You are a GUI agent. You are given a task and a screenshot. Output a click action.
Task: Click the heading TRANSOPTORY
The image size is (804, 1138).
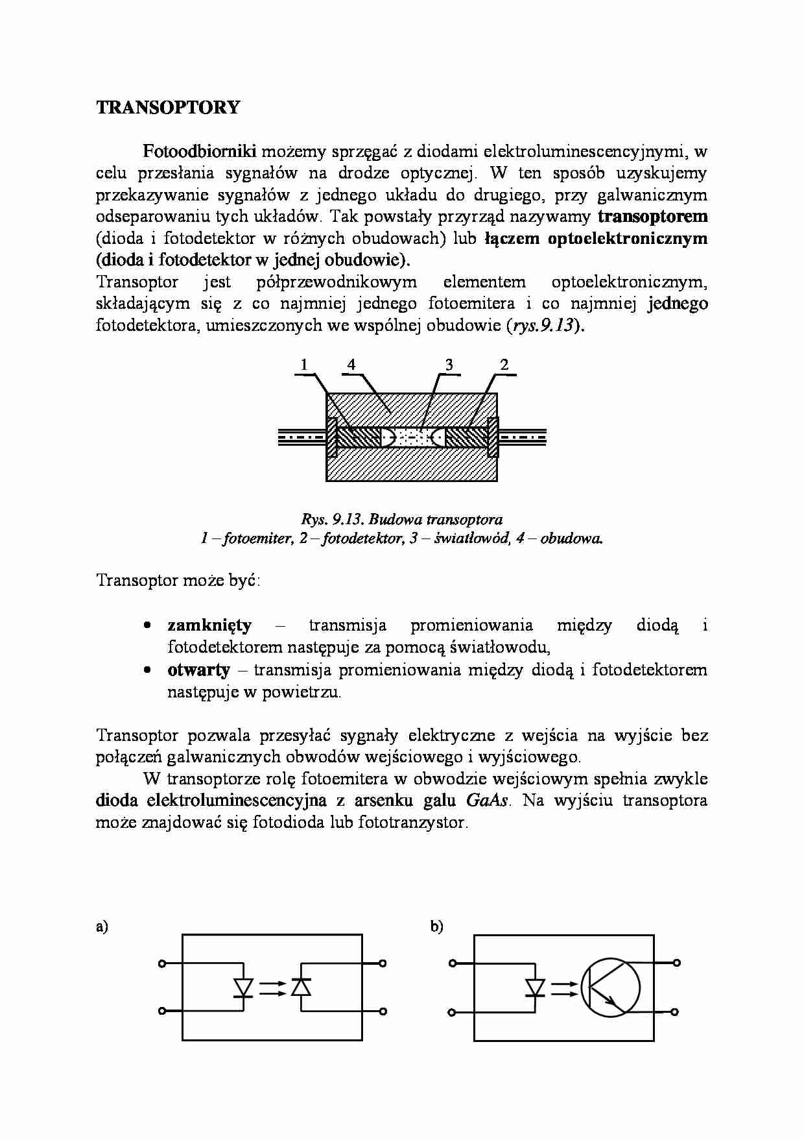(x=168, y=108)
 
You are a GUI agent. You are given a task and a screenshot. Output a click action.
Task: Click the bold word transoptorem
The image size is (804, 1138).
(x=652, y=216)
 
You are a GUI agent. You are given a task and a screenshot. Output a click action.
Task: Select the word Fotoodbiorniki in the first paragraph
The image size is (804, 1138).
(x=200, y=152)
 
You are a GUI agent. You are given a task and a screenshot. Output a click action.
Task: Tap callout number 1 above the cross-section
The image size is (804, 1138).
(x=303, y=365)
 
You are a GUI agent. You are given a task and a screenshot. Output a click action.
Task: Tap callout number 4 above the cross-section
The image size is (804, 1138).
(x=351, y=365)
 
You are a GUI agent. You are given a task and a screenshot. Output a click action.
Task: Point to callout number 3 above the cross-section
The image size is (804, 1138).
(x=449, y=365)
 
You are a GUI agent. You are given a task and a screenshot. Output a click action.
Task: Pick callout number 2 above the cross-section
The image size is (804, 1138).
(x=504, y=365)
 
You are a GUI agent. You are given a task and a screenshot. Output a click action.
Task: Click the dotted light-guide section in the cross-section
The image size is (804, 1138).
(x=412, y=437)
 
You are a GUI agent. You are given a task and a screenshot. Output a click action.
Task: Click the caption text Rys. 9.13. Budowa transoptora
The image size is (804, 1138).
(x=401, y=519)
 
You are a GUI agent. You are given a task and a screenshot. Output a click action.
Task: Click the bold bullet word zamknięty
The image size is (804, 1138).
(x=209, y=625)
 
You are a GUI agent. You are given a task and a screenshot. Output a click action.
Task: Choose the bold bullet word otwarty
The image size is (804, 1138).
(x=198, y=670)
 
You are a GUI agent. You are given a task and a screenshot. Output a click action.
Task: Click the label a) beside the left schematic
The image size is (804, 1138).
(x=101, y=927)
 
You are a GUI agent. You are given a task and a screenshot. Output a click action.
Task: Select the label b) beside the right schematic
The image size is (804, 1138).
(x=436, y=927)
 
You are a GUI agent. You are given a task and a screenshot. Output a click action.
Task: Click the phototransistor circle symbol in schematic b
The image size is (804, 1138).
(x=610, y=988)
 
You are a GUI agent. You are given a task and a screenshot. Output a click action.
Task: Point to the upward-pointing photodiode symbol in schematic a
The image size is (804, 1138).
(x=301, y=987)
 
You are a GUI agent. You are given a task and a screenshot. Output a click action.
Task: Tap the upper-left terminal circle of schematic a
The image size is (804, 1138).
(x=162, y=964)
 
